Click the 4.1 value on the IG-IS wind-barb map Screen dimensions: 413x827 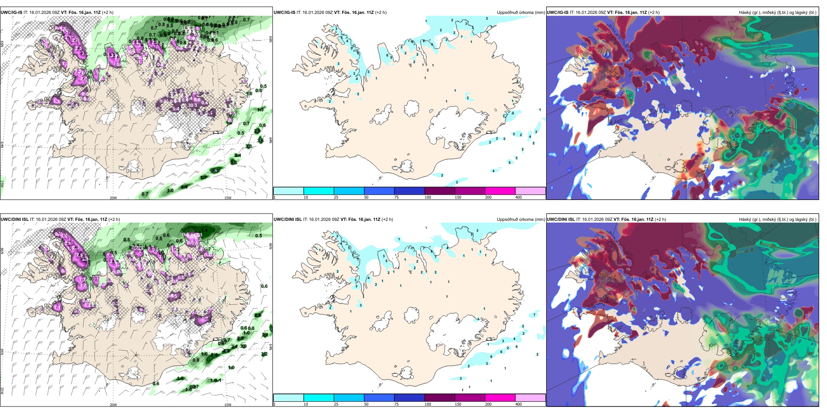(215, 171)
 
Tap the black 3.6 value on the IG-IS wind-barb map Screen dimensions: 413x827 (260, 140)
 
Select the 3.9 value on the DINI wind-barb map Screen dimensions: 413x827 (244, 346)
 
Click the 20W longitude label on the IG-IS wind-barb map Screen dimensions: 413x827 (113, 198)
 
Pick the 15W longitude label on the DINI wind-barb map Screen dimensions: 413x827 (227, 405)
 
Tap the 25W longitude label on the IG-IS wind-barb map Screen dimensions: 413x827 (2, 183)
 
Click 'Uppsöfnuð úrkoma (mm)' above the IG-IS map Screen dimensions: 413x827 (521, 13)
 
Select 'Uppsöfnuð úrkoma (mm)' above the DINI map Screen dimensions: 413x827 (521, 220)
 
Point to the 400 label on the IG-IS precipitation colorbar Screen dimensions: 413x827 (518, 197)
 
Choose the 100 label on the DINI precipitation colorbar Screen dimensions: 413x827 (428, 404)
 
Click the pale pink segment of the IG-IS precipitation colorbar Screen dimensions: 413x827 (530, 191)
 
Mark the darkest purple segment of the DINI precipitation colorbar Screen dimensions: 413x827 (440, 398)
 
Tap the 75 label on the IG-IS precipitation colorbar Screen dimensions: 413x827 (397, 197)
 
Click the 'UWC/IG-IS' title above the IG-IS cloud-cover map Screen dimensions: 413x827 (558, 13)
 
